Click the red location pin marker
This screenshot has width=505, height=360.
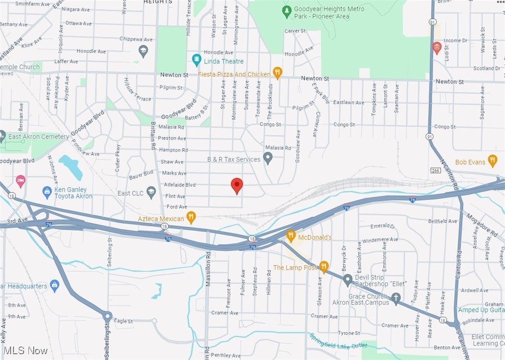237,185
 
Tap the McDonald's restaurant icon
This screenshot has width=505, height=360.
290,236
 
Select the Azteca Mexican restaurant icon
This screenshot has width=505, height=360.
191,218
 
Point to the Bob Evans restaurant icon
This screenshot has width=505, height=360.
492,161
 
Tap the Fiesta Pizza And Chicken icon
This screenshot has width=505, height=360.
277,73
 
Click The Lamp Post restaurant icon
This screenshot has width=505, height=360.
324,267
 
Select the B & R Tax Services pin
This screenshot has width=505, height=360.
268,158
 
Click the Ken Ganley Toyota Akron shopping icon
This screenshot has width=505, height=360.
47,193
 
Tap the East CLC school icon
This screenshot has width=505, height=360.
151,193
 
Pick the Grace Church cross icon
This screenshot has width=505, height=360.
396,298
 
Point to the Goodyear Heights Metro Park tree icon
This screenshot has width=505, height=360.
287,11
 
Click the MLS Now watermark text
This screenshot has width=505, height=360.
25,350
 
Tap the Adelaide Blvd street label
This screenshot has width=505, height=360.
179,185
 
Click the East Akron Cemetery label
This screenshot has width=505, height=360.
38,137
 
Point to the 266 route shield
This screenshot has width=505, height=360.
435,170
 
